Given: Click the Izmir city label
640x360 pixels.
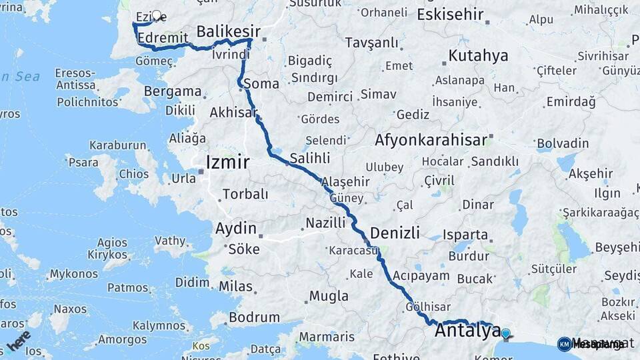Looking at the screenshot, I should pyautogui.click(x=228, y=162).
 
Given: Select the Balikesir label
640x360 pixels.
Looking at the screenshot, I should pyautogui.click(x=228, y=31).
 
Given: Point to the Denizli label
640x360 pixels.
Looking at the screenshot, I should pyautogui.click(x=395, y=233).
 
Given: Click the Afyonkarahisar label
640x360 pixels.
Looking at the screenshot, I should pyautogui.click(x=431, y=141).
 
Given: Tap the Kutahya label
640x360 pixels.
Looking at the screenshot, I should pyautogui.click(x=478, y=55).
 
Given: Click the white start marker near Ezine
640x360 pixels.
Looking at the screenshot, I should pyautogui.click(x=157, y=15).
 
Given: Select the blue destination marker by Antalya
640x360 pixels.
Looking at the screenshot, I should pyautogui.click(x=505, y=333).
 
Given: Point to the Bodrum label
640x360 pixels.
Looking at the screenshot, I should pyautogui.click(x=254, y=318).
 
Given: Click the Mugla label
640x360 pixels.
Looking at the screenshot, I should pyautogui.click(x=329, y=296).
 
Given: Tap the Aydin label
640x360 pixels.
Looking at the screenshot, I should pyautogui.click(x=236, y=229).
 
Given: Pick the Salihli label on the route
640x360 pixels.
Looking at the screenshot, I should pyautogui.click(x=310, y=158).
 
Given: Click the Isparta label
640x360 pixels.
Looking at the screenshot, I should pyautogui.click(x=466, y=235).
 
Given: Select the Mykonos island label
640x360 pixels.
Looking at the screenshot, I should pyautogui.click(x=73, y=274).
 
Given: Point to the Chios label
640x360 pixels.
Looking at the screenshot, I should pyautogui.click(x=134, y=174).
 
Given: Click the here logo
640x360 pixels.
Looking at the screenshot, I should pyautogui.click(x=19, y=340).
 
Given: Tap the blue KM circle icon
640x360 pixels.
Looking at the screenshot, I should pyautogui.click(x=565, y=344).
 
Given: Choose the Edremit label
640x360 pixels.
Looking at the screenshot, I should pyautogui.click(x=162, y=39).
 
